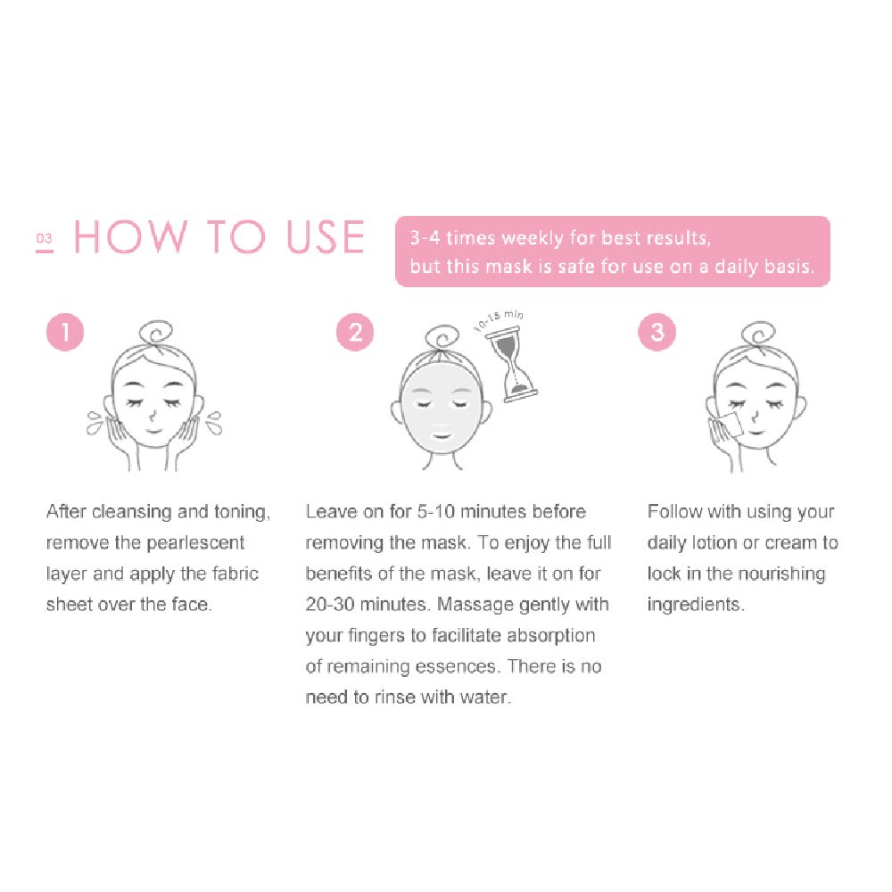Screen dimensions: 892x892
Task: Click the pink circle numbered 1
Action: pos(65,333)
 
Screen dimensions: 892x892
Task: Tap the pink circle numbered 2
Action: pos(355,333)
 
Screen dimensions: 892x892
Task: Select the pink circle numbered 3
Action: pos(657,333)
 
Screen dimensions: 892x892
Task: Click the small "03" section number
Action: pos(45,239)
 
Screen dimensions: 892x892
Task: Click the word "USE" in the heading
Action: pos(326,237)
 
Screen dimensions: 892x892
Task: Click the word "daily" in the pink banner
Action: pos(746,267)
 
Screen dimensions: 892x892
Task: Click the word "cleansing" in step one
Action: pos(131,512)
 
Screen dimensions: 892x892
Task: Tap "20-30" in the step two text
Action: pos(329,604)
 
